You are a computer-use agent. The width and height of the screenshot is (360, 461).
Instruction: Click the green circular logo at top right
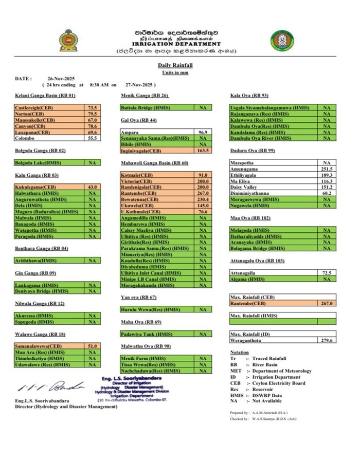click(282, 41)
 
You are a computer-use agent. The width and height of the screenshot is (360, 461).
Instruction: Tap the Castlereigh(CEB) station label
click(34, 107)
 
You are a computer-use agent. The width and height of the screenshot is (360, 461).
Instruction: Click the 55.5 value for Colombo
click(93, 138)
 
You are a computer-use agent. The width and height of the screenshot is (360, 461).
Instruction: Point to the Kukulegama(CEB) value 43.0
click(93, 187)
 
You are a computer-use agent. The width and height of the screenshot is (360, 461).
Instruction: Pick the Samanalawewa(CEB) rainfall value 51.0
click(93, 346)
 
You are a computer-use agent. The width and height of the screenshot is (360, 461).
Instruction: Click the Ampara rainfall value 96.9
click(202, 132)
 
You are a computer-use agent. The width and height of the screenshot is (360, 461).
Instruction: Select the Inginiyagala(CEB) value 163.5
click(201, 151)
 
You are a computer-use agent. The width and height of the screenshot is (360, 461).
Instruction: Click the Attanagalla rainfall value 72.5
click(327, 272)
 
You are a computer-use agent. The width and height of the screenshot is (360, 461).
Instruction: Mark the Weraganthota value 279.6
click(327, 340)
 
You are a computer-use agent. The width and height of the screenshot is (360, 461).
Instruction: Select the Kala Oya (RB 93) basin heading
click(249, 96)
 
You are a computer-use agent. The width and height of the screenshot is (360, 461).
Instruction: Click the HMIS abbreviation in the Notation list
click(236, 395)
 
